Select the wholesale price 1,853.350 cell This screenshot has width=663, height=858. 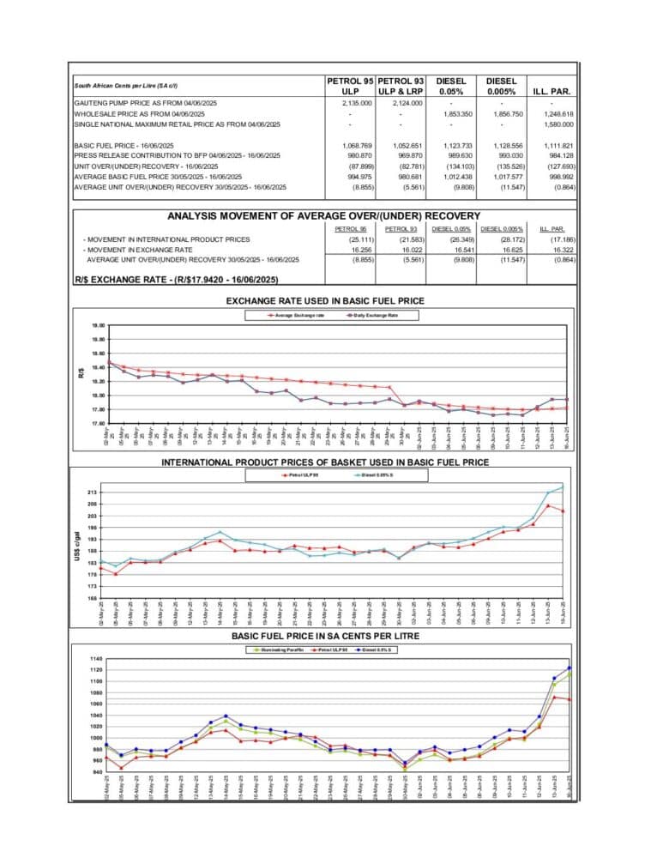tap(455, 113)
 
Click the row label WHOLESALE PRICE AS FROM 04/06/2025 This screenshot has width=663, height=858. tap(140, 113)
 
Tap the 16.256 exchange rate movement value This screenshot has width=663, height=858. tap(353, 249)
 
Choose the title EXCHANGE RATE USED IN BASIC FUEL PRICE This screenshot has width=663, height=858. tap(325, 300)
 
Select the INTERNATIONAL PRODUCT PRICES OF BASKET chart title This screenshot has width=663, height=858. tap(325, 462)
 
